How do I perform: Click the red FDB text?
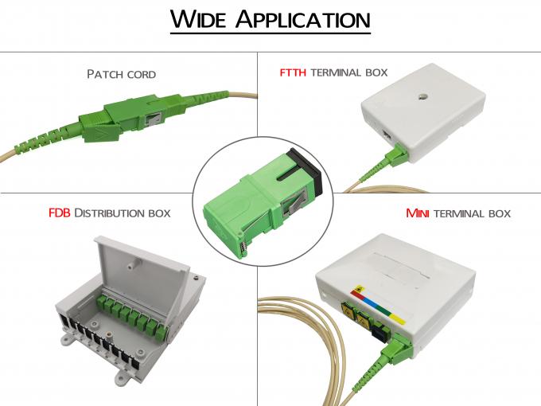[60, 213]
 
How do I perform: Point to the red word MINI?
[418, 213]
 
